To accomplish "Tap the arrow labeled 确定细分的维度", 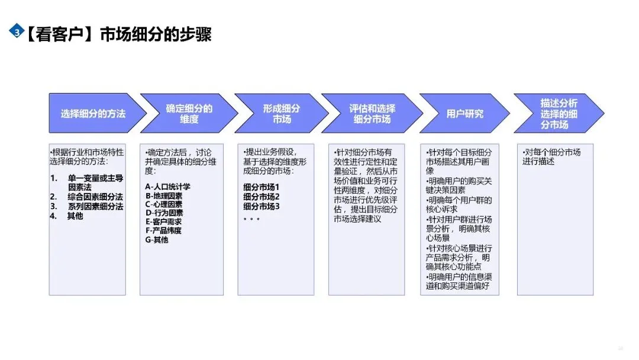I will pos(188,113).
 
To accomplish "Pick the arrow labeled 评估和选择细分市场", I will pos(372,113).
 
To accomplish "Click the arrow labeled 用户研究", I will pos(464,113).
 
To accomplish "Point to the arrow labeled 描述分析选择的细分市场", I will pos(557,113).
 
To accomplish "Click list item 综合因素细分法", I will pos(95,197).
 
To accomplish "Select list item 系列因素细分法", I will pos(95,206).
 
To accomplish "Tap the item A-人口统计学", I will pos(168,187).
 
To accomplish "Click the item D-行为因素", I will pos(164,213).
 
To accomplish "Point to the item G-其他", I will pos(157,240).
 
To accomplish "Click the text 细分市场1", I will pos(261,187).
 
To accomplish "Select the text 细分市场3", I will pos(261,206).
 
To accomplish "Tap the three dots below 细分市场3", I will pos(251,218).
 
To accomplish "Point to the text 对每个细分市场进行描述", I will pos(551,156).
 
